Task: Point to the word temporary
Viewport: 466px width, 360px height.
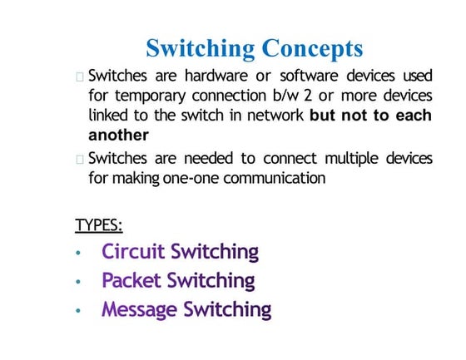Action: pyautogui.click(x=151, y=96)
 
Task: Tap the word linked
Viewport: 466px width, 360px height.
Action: pyautogui.click(x=109, y=115)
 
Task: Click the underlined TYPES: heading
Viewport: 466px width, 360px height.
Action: pyautogui.click(x=99, y=224)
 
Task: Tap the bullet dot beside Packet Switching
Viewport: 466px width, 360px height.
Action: pyautogui.click(x=77, y=282)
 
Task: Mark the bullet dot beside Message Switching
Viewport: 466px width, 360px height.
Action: pyautogui.click(x=77, y=311)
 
